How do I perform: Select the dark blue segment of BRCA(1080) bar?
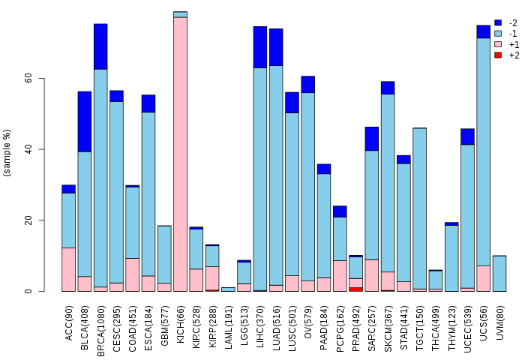(100, 46)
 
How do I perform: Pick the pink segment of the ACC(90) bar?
(68, 269)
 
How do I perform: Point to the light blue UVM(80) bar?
(499, 273)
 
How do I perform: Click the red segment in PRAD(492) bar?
(356, 289)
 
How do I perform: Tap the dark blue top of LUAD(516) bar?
(276, 47)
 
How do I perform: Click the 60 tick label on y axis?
(28, 79)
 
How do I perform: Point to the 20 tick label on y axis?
(28, 220)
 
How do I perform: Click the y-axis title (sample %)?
(7, 153)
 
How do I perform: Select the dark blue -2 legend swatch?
(498, 23)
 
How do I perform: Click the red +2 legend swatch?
(498, 55)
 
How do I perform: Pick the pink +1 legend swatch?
(498, 44)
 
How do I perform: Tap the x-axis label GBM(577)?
(165, 320)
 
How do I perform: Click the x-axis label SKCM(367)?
(388, 319)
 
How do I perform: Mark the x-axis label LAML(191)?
(229, 319)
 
